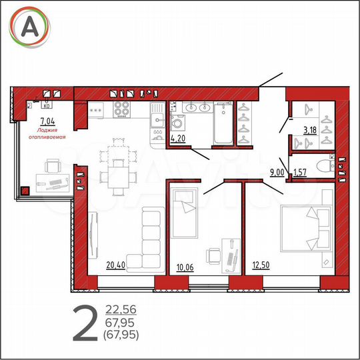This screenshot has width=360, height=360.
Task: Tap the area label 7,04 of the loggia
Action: tap(47, 121)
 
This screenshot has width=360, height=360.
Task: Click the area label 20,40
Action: tap(115, 265)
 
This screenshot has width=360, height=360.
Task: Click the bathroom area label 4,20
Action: tap(178, 139)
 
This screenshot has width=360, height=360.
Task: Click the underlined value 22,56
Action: tap(121, 309)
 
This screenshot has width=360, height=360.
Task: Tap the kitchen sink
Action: tap(158, 119)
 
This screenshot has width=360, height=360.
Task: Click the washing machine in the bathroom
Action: tap(179, 124)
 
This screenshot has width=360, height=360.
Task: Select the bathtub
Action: tap(222, 127)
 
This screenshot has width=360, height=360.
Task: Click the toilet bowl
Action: tap(325, 165)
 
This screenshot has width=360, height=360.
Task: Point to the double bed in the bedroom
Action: tap(306, 227)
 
